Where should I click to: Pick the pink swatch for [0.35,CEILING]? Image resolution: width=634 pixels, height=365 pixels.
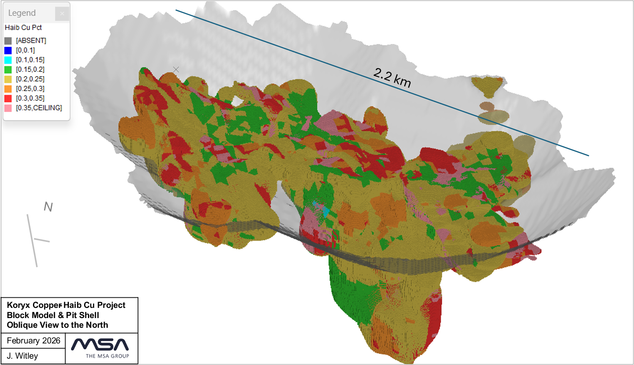(8, 108)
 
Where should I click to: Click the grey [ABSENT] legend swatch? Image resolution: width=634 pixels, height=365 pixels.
(8, 41)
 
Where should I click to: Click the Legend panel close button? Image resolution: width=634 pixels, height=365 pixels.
(62, 14)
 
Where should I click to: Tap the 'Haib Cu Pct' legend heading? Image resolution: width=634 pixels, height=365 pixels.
(23, 27)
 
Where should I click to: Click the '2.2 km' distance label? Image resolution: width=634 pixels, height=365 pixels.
(392, 78)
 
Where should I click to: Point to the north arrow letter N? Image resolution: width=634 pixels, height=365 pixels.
(48, 207)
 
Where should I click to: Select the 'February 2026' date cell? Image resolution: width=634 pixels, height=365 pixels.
(33, 341)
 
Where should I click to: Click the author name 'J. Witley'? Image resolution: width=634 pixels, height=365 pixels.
(22, 356)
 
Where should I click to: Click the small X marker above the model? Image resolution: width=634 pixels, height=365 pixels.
(176, 69)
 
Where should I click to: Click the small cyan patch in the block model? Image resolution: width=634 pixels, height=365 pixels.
(325, 211)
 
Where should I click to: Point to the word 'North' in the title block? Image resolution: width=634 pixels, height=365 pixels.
(97, 325)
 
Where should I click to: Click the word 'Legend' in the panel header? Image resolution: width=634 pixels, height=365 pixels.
(22, 13)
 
